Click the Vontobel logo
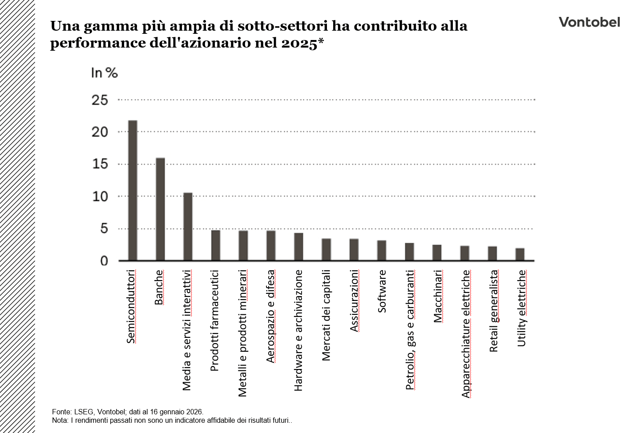[x=589, y=22]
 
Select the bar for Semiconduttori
[x=133, y=190]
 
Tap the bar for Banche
[x=160, y=209]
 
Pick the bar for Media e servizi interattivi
[x=188, y=226]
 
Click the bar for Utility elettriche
[x=520, y=254]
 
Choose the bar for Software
[x=382, y=250]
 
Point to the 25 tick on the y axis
[x=100, y=100]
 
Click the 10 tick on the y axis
[x=100, y=196]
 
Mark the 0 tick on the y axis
[x=104, y=261]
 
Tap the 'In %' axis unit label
[x=104, y=72]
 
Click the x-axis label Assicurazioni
[x=354, y=301]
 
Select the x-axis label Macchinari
[x=437, y=296]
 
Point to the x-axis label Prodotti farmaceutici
[x=214, y=320]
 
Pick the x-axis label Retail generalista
[x=494, y=311]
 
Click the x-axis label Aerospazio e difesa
[x=270, y=316]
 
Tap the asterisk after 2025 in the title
[x=320, y=42]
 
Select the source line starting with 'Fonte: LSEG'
[x=128, y=412]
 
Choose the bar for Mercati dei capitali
[x=326, y=249]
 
